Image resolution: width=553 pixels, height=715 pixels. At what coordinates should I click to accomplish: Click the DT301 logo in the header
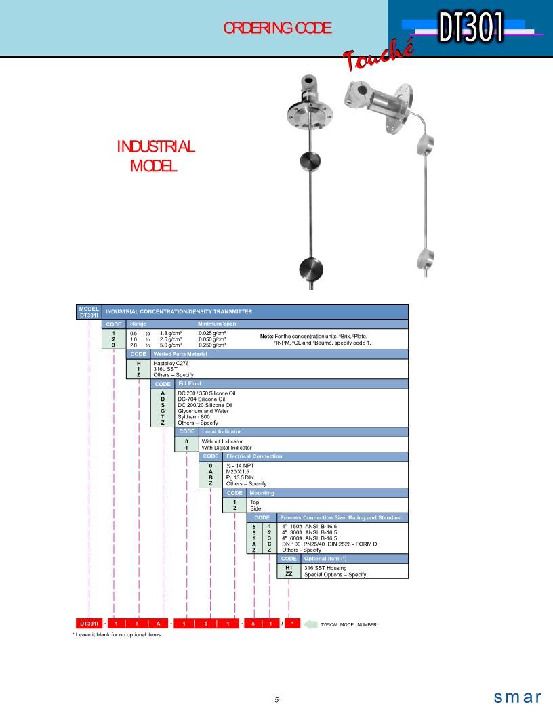pos(472,27)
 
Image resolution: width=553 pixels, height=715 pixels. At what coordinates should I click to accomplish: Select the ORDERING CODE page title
pos(277,28)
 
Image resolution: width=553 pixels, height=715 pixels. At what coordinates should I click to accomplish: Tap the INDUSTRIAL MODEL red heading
pos(155,156)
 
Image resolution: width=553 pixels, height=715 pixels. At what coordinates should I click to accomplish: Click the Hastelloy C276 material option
pos(171,364)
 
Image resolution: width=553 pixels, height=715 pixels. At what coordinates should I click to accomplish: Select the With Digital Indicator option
pos(226,448)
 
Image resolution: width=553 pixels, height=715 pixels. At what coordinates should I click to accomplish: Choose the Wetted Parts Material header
pos(180,354)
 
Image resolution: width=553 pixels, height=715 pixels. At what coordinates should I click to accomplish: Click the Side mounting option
pos(255,508)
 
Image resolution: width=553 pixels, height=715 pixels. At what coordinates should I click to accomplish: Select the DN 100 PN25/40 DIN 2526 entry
pos(329,544)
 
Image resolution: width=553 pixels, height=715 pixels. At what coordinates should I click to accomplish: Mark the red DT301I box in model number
pos(89,624)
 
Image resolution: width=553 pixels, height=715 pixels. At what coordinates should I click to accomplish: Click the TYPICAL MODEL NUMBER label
pos(348,624)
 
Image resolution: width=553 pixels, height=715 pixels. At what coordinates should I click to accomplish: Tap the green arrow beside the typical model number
pos(310,624)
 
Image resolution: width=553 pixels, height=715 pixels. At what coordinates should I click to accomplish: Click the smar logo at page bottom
pos(517,697)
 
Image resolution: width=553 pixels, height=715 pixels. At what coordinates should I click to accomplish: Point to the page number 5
pos(276,700)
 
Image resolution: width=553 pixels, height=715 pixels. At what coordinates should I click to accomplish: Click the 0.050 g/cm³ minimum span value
pos(212,339)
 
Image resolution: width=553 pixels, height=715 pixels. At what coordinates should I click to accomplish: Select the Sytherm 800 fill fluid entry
pos(194,417)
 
